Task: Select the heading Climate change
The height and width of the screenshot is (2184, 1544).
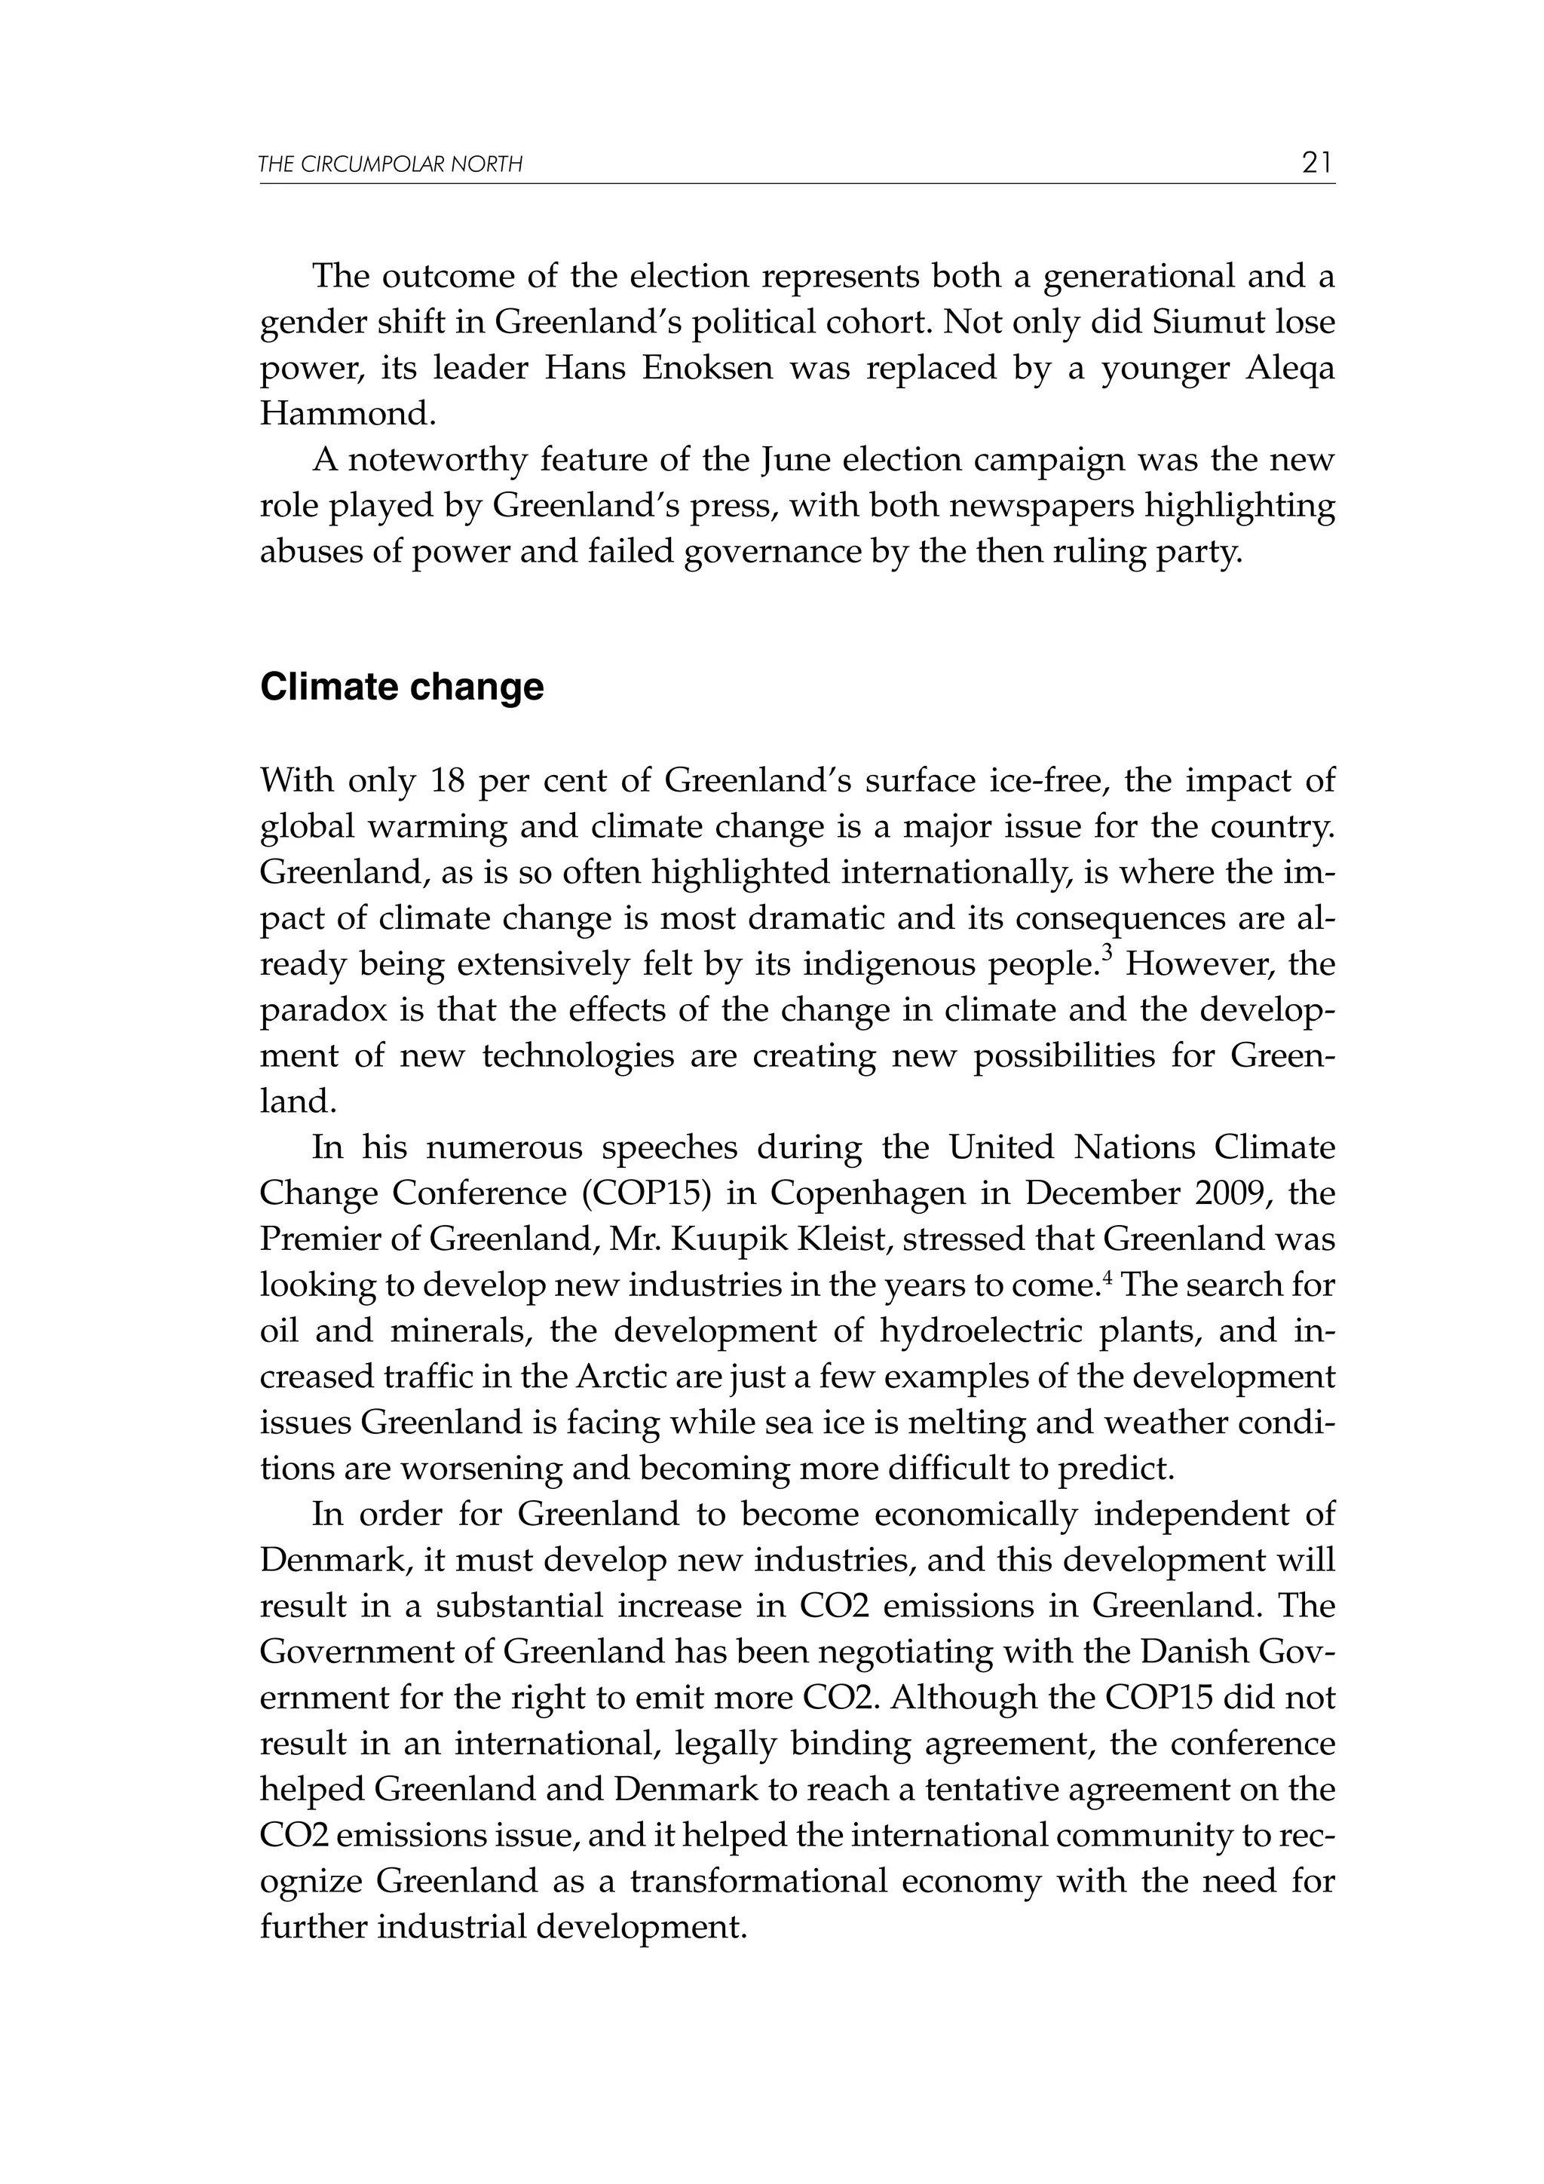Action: pyautogui.click(x=402, y=687)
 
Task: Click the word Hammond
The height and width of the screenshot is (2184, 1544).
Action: pyautogui.click(x=342, y=415)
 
